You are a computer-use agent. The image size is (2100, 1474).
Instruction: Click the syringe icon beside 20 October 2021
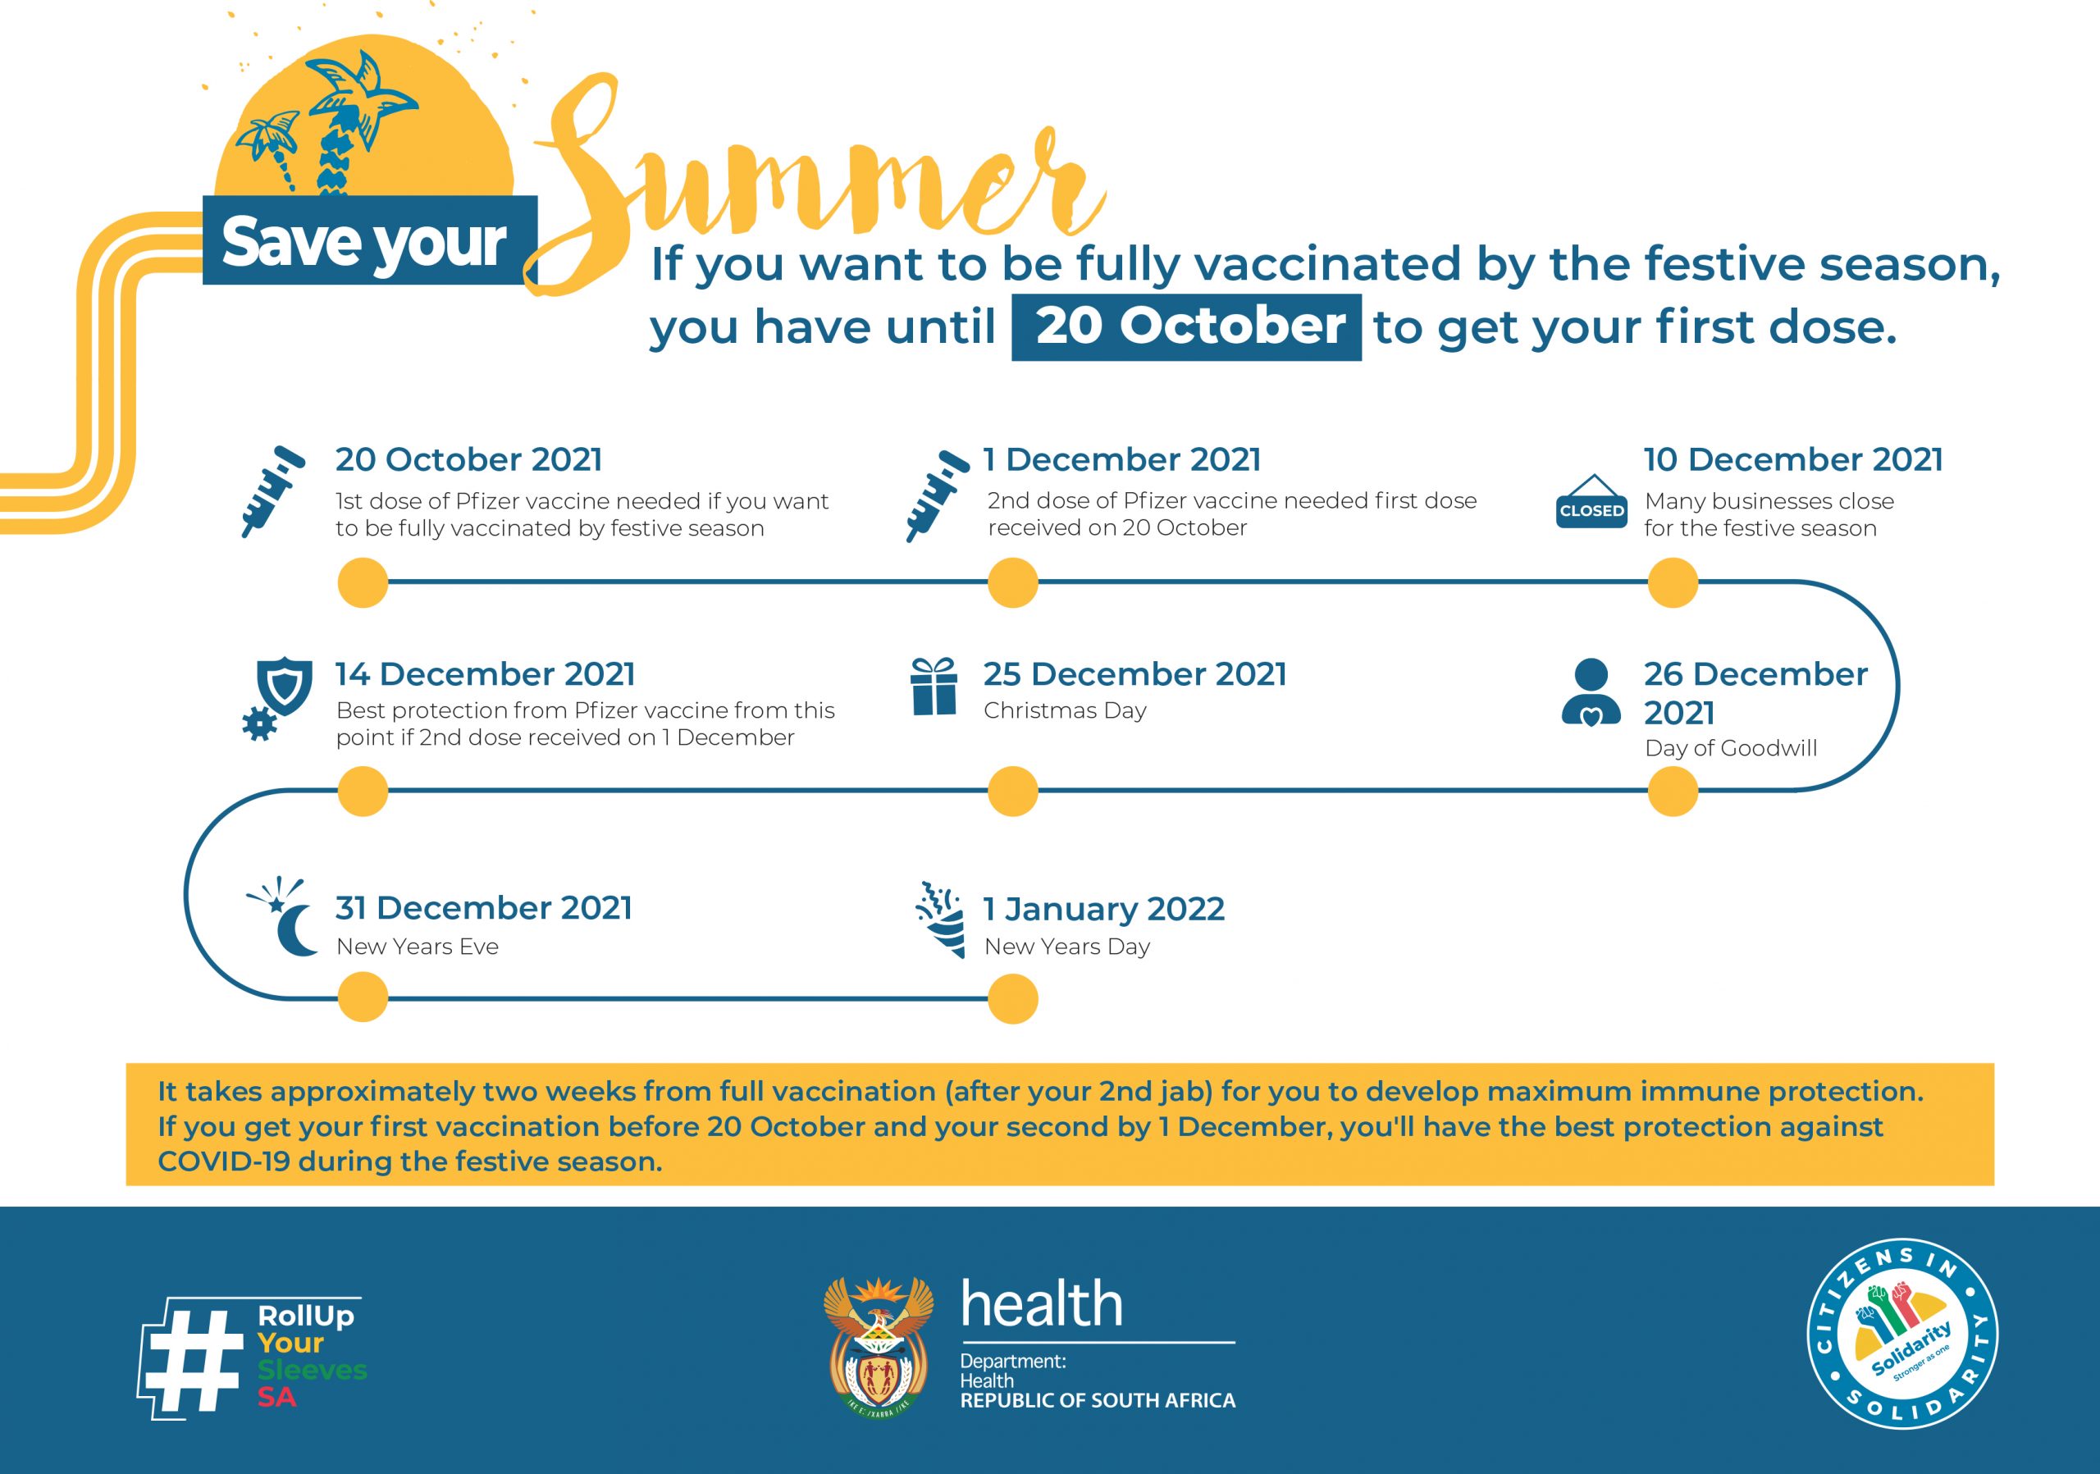[273, 491]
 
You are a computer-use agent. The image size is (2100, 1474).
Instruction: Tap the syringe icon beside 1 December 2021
[938, 495]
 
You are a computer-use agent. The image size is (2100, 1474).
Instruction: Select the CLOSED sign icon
[1591, 502]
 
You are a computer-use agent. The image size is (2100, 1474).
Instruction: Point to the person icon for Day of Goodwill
[1591, 692]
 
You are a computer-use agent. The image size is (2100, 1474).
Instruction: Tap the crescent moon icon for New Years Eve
[285, 917]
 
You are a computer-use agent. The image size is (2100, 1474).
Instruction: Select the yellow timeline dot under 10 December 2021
[1673, 582]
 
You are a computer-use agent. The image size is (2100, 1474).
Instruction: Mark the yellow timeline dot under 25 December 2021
[1012, 791]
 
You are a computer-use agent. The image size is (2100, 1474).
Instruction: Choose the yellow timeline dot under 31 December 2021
[363, 997]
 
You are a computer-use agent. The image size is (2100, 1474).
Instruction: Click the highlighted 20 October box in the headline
[1186, 327]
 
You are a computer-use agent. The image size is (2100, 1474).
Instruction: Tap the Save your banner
[369, 240]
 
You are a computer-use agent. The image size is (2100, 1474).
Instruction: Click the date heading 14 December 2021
[485, 674]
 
